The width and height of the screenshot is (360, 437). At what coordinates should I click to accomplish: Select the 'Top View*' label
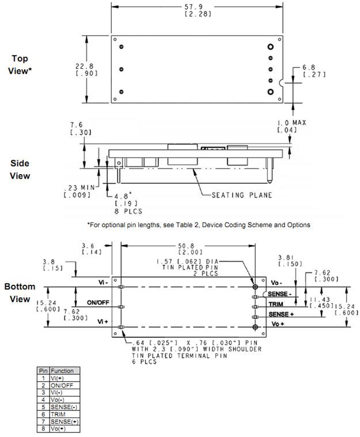click(x=20, y=65)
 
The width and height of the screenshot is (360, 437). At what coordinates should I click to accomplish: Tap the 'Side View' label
click(x=20, y=169)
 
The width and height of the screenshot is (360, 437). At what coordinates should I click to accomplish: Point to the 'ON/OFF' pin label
click(x=98, y=302)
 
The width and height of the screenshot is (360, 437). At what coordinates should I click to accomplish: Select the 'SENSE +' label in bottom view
click(x=281, y=314)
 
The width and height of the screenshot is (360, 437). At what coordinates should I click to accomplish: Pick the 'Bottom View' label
click(x=20, y=293)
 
